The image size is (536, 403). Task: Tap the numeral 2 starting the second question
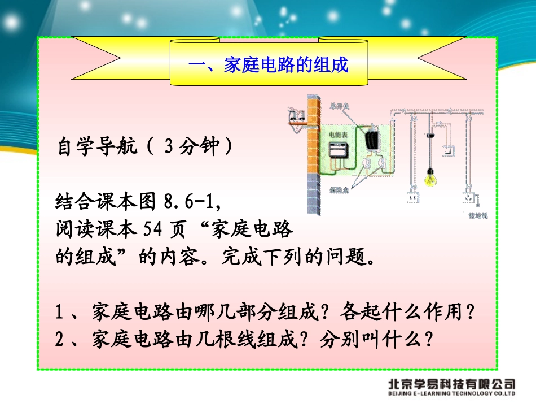pyautogui.click(x=60, y=339)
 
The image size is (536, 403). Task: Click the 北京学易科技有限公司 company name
pyautogui.click(x=451, y=383)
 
